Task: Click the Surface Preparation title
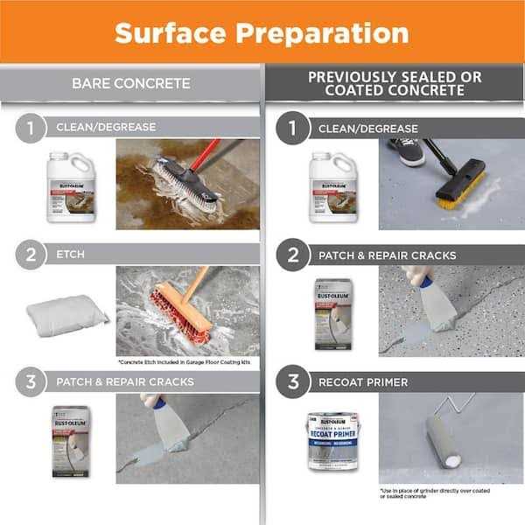262,32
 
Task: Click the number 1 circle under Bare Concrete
29,128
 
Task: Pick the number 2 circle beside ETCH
29,255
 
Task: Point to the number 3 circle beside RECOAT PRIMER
291,381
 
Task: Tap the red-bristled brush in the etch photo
181,313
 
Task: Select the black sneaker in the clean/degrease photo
406,150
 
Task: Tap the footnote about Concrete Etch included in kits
188,361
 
